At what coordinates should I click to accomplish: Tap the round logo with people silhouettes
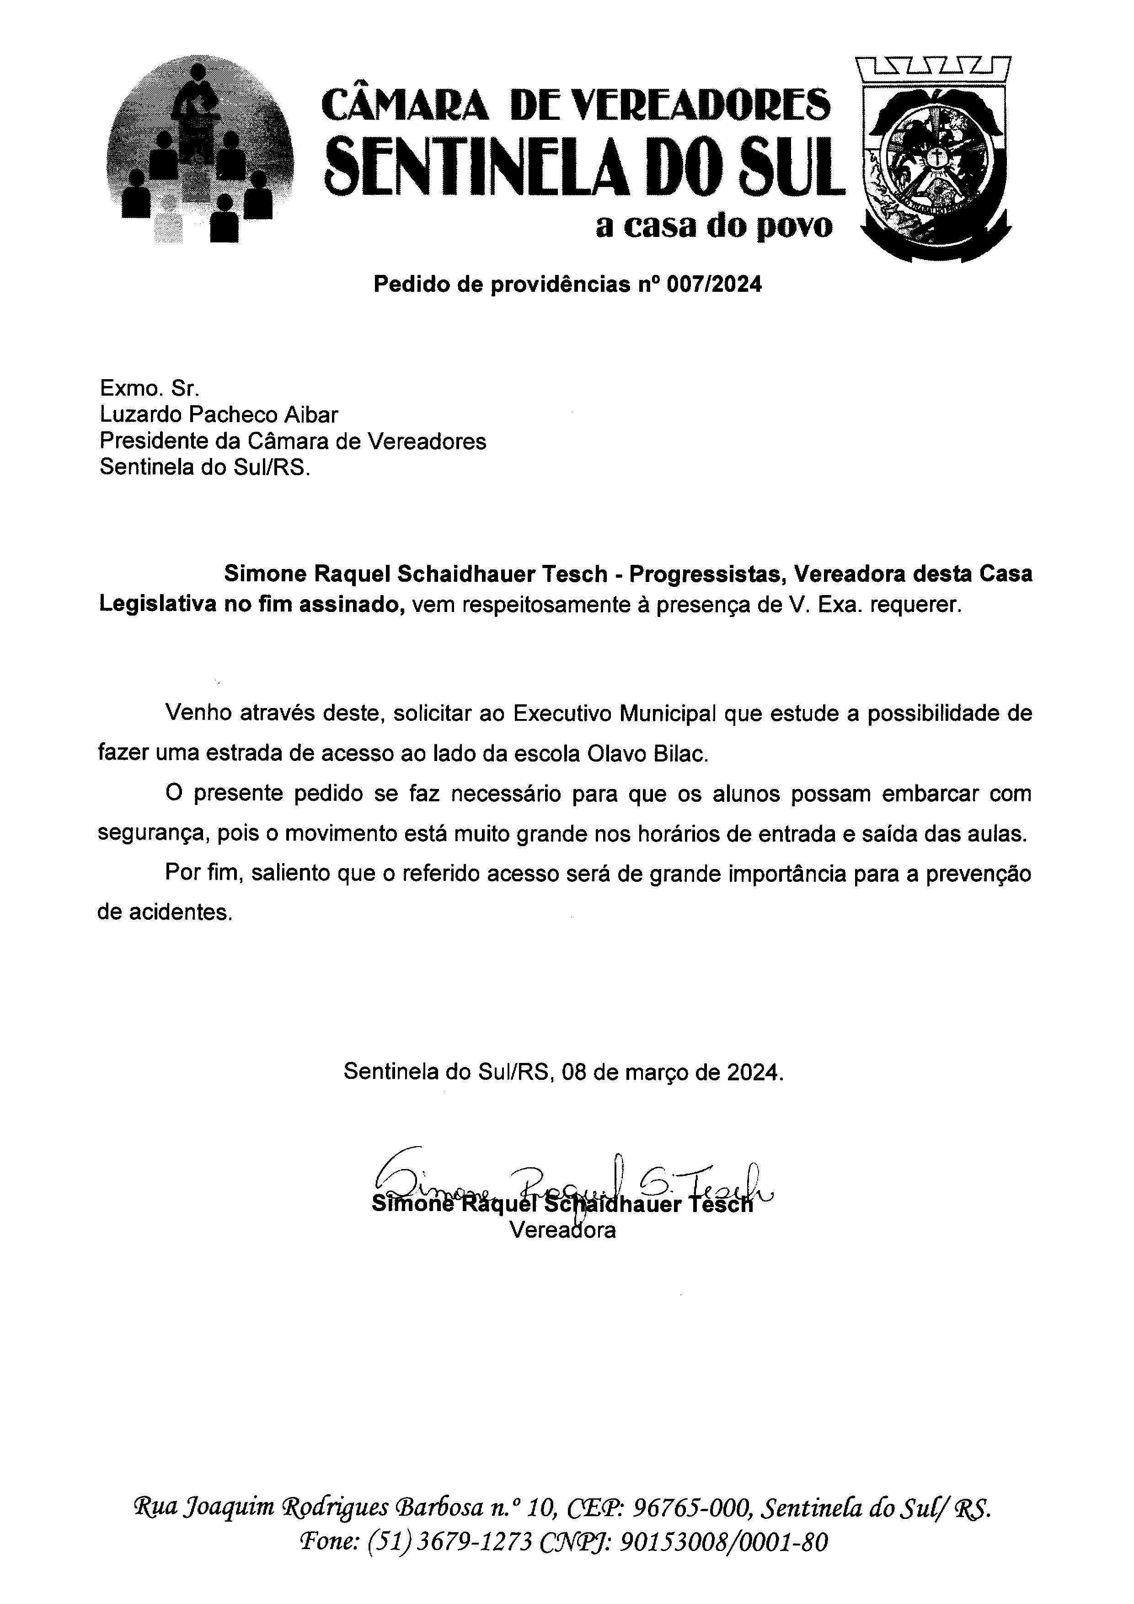200,151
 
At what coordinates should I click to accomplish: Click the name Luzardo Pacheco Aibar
219,415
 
